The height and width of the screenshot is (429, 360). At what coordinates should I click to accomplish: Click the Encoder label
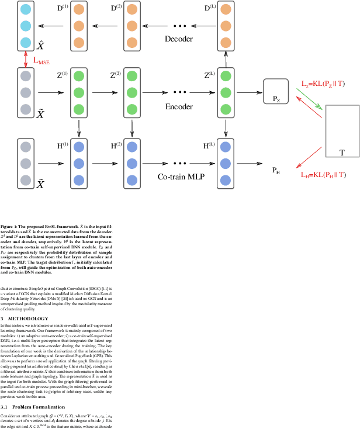180,106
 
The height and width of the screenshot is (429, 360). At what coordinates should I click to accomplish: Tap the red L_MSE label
42,60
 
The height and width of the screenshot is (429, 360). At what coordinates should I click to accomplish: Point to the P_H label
276,170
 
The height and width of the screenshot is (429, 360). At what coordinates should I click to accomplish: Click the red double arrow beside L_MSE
25,60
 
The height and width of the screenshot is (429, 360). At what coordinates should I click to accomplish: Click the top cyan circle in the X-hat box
26,10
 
